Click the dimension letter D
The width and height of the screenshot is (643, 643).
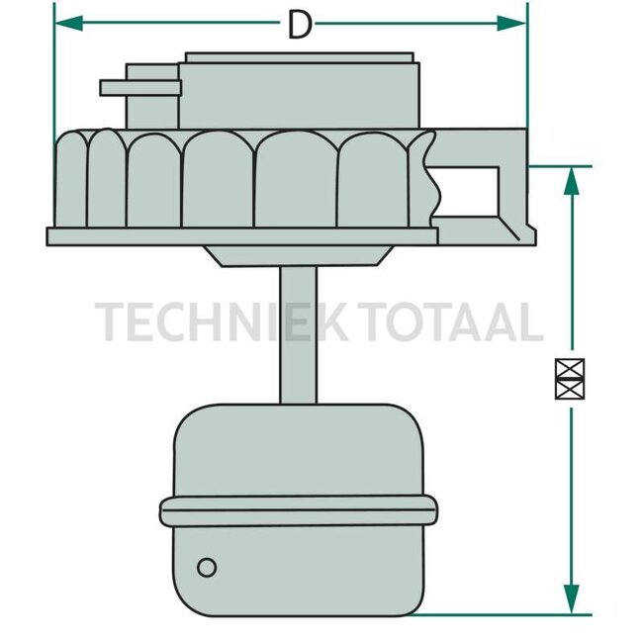click(299, 24)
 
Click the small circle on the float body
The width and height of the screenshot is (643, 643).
click(207, 567)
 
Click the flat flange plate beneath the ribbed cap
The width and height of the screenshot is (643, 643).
click(242, 236)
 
